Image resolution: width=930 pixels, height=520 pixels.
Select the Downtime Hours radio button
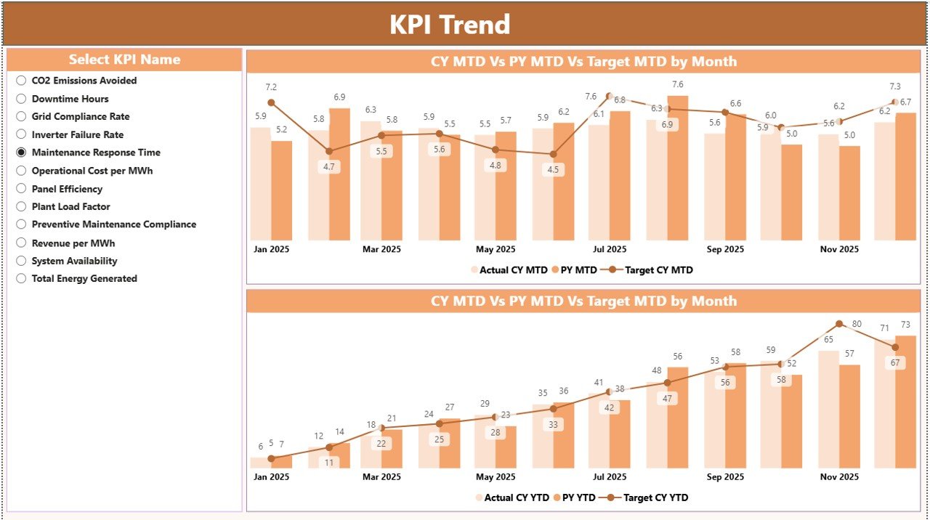(x=21, y=99)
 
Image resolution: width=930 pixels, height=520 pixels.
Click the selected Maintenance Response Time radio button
(x=21, y=153)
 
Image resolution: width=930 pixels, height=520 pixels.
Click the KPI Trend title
(x=450, y=25)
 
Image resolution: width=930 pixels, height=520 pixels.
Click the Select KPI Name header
(x=124, y=60)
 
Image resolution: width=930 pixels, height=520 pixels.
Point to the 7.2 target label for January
(x=272, y=87)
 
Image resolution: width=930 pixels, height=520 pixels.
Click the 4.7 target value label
(x=329, y=166)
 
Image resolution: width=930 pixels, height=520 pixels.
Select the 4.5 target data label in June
(x=553, y=170)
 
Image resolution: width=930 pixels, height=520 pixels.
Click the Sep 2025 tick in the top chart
(x=724, y=249)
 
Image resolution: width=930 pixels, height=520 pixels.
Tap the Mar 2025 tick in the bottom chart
(x=381, y=477)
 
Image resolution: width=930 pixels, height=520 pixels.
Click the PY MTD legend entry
(x=573, y=270)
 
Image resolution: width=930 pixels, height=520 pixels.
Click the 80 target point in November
(x=839, y=324)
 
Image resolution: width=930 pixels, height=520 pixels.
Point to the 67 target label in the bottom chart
(x=894, y=363)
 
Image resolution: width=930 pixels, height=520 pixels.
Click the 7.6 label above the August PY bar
(x=677, y=85)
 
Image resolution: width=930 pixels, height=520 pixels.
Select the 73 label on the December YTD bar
(x=905, y=325)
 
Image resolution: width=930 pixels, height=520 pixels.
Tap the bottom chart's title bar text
(x=583, y=301)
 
